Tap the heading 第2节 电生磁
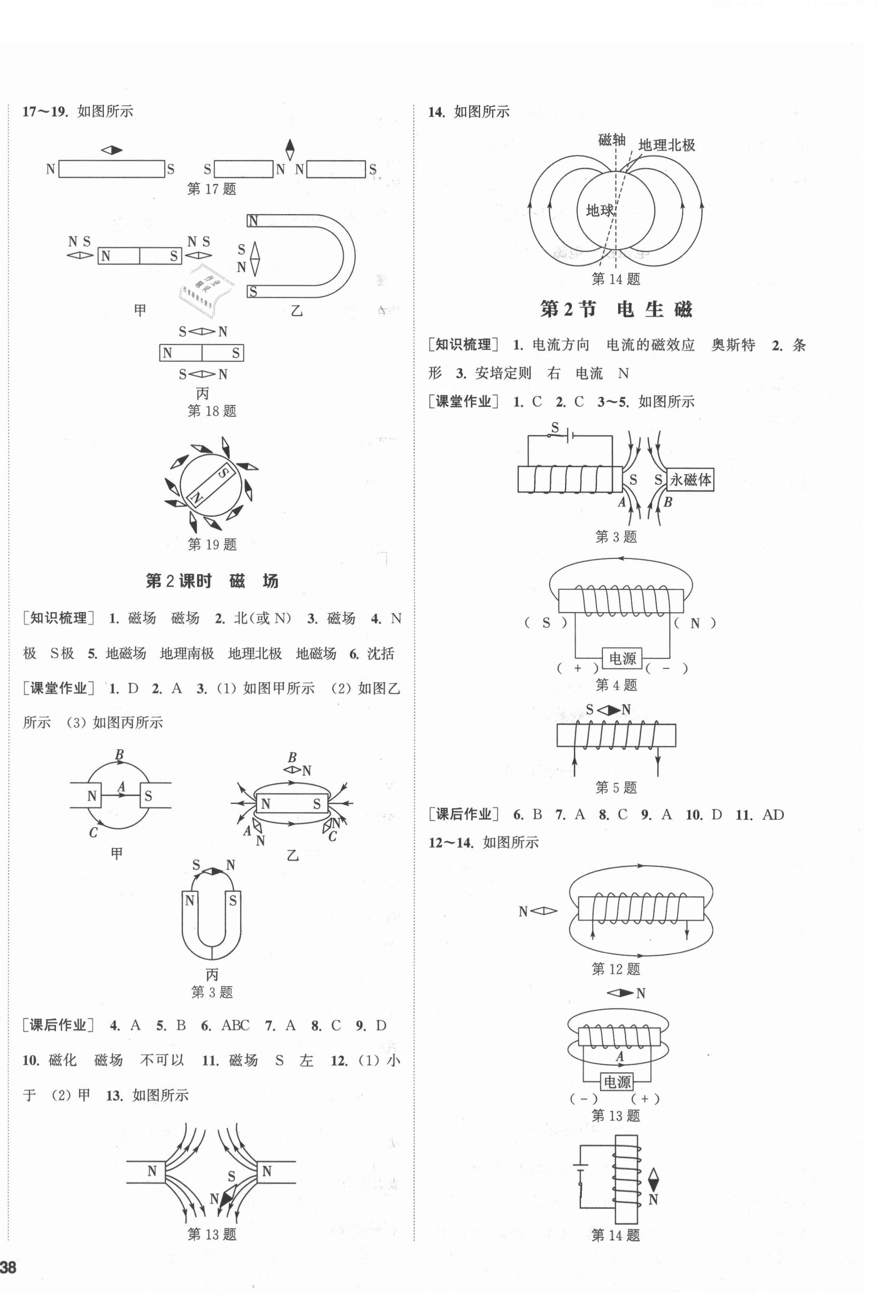[616, 309]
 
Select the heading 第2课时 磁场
[212, 581]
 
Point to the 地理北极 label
[667, 145]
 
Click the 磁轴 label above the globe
[611, 140]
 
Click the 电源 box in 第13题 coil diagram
[616, 1082]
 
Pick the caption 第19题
[212, 544]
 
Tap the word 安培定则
[503, 373]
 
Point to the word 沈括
[381, 653]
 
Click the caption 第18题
[212, 411]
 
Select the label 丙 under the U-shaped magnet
[212, 974]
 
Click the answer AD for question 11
[773, 814]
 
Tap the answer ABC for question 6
[235, 1025]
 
